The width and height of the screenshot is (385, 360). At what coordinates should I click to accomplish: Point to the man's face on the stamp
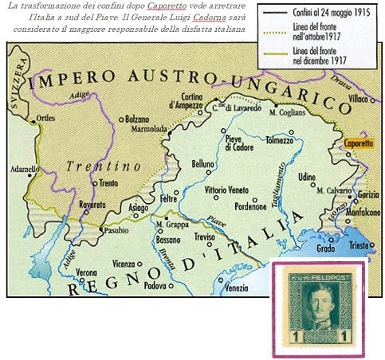tap(319, 299)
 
